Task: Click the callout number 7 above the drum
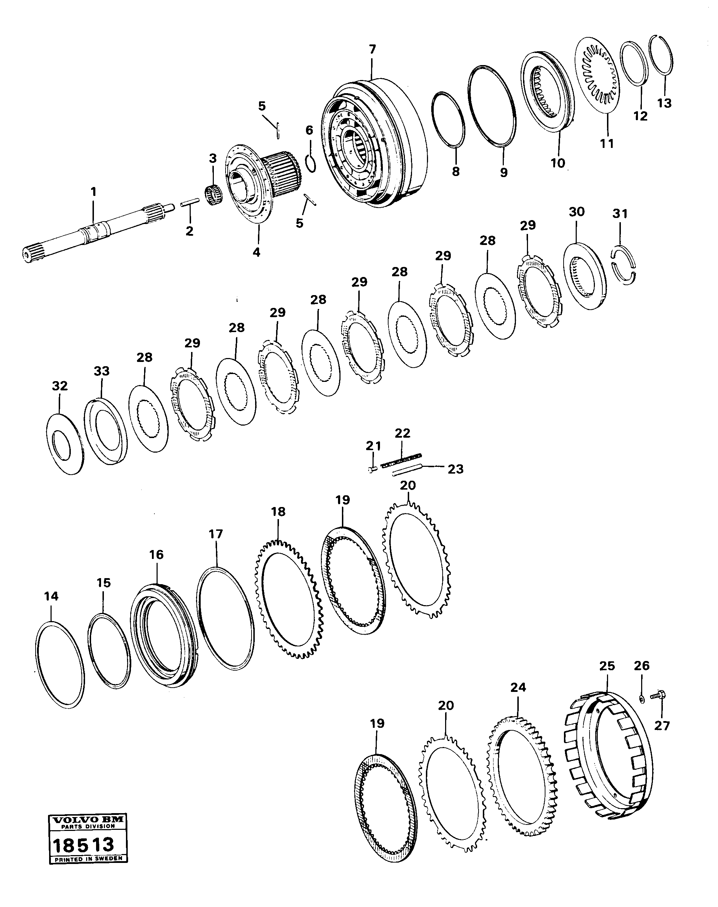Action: click(373, 49)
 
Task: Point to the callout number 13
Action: click(665, 103)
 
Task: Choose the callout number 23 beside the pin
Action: click(455, 469)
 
